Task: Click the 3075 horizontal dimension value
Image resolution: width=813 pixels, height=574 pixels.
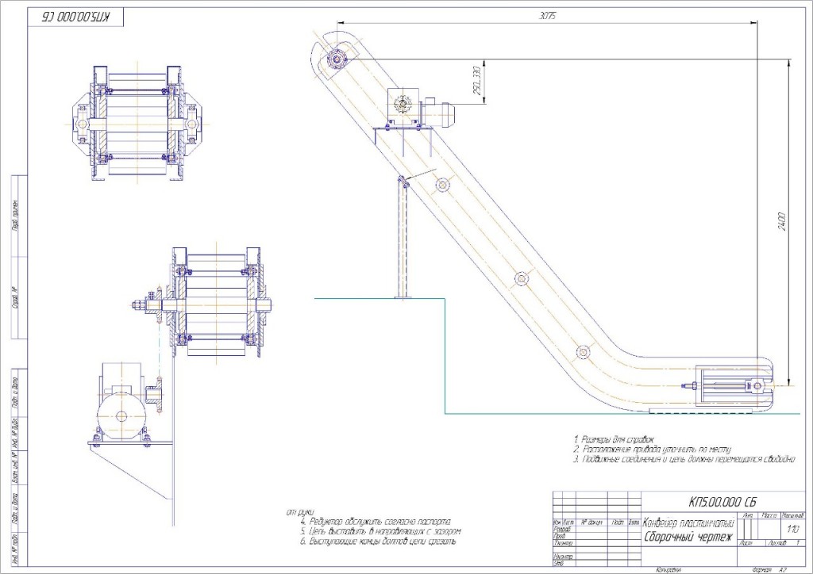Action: pos(545,16)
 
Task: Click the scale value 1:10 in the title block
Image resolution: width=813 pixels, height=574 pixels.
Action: pos(791,528)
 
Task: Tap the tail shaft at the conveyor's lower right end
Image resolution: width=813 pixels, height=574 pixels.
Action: pos(759,387)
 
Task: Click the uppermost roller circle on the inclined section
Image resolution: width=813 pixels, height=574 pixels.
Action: pos(442,184)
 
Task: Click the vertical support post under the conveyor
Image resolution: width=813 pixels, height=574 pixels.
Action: pos(403,238)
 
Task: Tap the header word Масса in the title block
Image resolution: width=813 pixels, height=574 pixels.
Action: pos(769,515)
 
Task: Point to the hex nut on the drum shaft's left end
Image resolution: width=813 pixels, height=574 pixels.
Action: pos(144,304)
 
